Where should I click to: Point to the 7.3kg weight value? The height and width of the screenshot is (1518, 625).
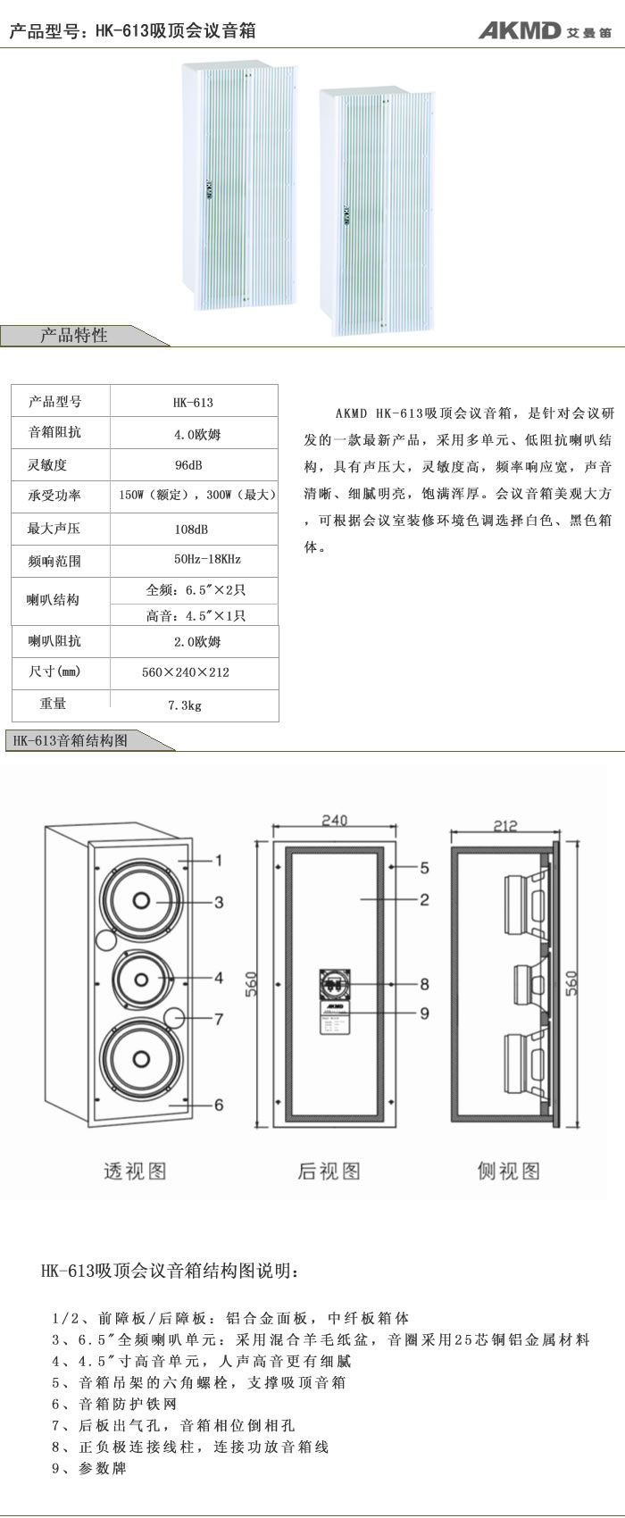tap(185, 705)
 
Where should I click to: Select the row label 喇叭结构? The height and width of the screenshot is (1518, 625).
tap(54, 599)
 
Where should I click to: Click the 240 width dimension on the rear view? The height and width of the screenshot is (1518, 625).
tap(334, 821)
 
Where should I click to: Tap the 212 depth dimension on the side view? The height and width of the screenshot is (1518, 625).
tap(505, 826)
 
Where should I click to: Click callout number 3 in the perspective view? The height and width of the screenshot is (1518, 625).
tap(219, 902)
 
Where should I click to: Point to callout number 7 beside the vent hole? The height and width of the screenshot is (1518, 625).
tap(219, 1019)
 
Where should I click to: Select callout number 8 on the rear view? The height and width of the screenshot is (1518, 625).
tap(424, 984)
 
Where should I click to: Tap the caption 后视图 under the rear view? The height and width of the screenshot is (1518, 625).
tap(329, 1171)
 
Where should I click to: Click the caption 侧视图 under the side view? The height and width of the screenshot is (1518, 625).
tap(509, 1171)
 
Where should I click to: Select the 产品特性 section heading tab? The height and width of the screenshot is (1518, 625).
tap(74, 336)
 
